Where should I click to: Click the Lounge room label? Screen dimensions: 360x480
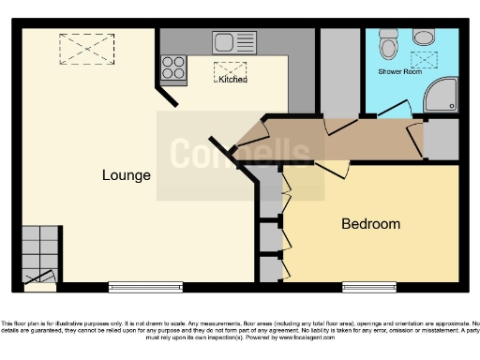[127, 175]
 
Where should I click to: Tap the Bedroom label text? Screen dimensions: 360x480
[370, 224]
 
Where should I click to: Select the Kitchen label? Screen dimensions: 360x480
[232, 80]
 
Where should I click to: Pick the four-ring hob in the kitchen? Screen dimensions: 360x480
[173, 67]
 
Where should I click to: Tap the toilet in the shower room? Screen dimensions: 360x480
[389, 44]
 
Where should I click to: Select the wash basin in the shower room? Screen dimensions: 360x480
[425, 37]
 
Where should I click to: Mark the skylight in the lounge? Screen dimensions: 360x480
[85, 45]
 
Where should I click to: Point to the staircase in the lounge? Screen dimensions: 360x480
[40, 253]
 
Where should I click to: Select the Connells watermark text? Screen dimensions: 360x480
[239, 154]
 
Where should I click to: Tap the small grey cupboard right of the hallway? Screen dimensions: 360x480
[442, 138]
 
